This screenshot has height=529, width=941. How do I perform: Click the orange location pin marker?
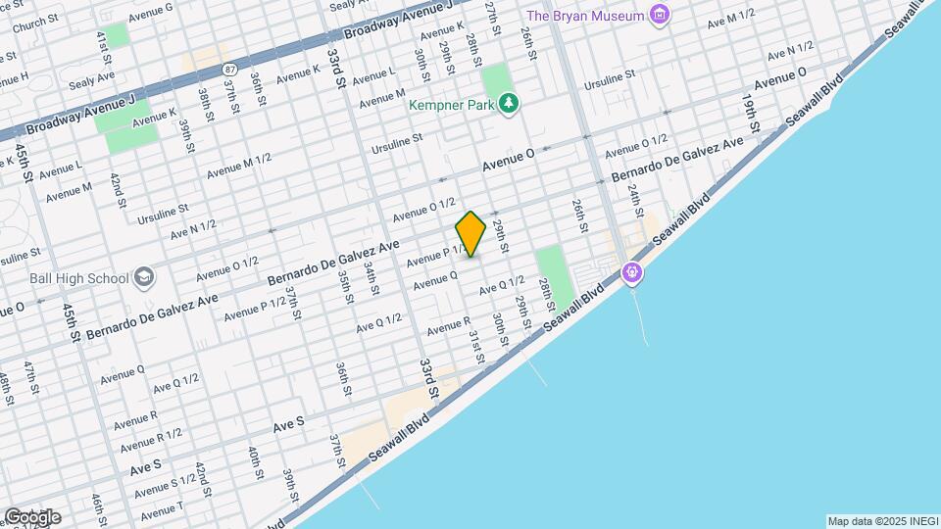coord(471,234)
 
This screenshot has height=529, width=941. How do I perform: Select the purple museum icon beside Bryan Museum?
coord(660,15)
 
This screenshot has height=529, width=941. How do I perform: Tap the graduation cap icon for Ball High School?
coord(144,278)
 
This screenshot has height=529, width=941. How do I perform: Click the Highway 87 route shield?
coord(229,69)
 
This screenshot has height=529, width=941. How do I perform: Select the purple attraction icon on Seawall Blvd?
coord(633,271)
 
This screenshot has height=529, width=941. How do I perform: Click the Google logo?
coord(32,516)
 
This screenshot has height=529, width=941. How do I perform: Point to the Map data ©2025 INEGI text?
coord(881,521)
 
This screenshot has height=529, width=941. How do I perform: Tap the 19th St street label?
coord(750,114)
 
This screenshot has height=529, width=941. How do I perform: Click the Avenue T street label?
coord(161,508)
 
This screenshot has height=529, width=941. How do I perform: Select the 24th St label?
coord(634,199)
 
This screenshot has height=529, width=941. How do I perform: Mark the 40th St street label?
coord(255,462)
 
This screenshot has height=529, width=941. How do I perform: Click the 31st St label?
coord(476,346)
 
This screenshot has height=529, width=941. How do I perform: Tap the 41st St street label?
coord(102,47)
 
